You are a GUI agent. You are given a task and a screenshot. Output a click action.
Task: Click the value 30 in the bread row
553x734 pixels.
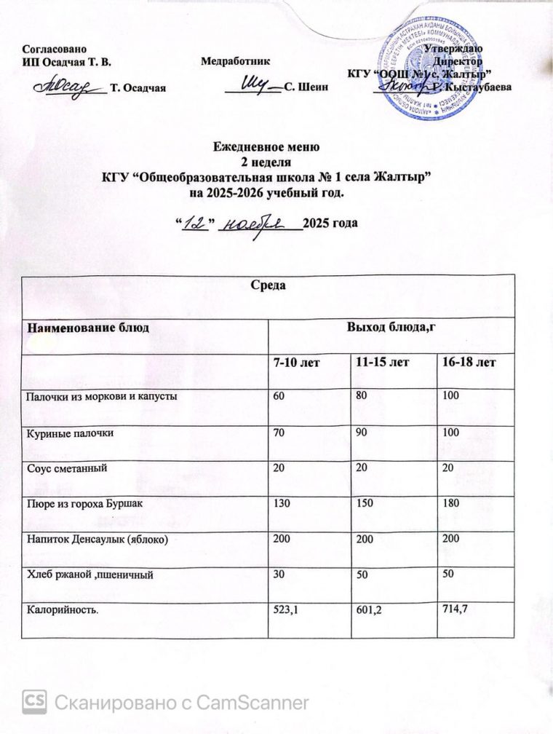(x=278, y=575)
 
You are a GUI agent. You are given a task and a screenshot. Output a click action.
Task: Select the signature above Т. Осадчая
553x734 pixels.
(x=69, y=86)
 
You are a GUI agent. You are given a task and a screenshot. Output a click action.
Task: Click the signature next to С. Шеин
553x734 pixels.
(x=252, y=84)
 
